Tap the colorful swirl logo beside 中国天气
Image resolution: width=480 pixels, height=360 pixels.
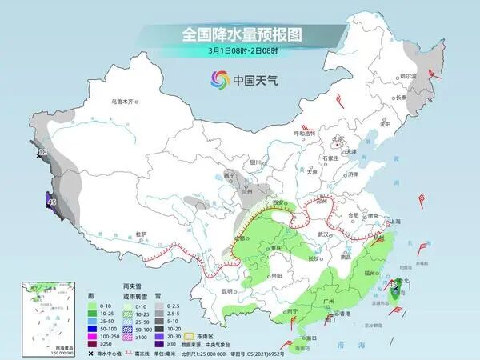coord(219,79)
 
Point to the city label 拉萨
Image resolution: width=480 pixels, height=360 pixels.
coord(141,234)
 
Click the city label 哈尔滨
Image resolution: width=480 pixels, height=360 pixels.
coord(410,75)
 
